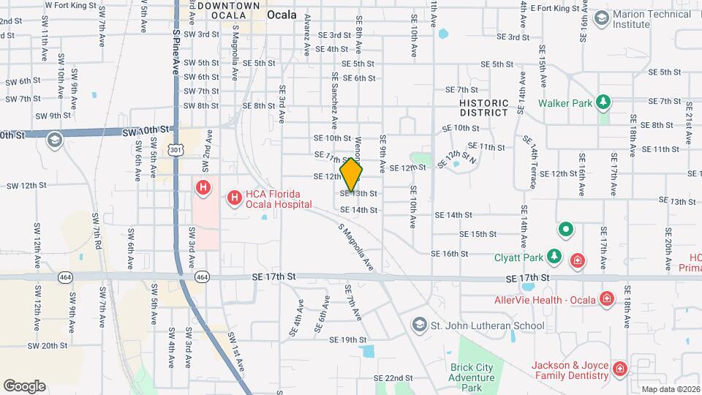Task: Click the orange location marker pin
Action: pyautogui.click(x=352, y=175)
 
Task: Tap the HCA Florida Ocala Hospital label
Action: pyautogui.click(x=274, y=197)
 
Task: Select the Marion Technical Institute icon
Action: pyautogui.click(x=602, y=17)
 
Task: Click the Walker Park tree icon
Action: pyautogui.click(x=603, y=102)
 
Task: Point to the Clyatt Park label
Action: pyautogui.click(x=518, y=257)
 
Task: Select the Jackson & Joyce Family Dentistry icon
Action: pyautogui.click(x=620, y=369)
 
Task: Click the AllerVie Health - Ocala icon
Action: pyautogui.click(x=605, y=298)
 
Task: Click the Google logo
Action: pyautogui.click(x=24, y=385)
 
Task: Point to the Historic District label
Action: pyautogui.click(x=483, y=108)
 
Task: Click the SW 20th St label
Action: pyautogui.click(x=49, y=345)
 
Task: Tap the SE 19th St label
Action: pyautogui.click(x=347, y=340)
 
